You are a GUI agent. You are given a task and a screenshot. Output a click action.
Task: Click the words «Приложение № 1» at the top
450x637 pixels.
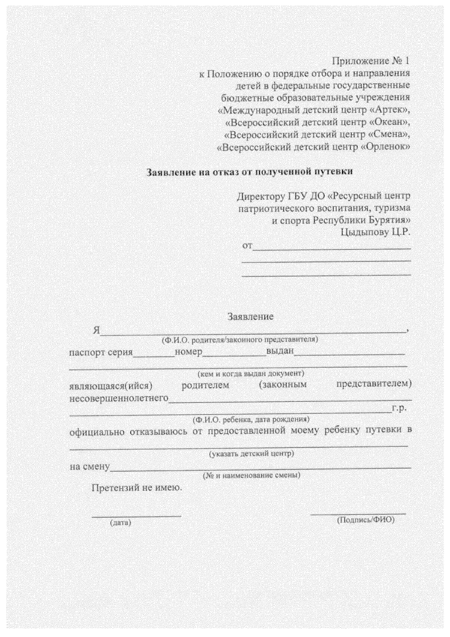[371, 61]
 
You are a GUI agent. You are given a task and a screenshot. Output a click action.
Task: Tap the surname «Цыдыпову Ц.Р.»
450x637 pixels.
[375, 232]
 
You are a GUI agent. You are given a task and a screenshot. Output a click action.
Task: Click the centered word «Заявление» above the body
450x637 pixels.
[251, 317]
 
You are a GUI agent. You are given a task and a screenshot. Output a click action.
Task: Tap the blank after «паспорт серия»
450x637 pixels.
[154, 354]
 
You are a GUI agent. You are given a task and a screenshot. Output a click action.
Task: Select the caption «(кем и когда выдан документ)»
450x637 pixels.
[251, 374]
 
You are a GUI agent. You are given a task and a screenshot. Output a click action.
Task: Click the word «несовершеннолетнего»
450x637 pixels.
[119, 398]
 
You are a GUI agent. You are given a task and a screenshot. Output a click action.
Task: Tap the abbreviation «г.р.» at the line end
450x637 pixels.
[399, 408]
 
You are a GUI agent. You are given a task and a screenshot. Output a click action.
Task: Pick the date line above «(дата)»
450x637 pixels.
[136, 516]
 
